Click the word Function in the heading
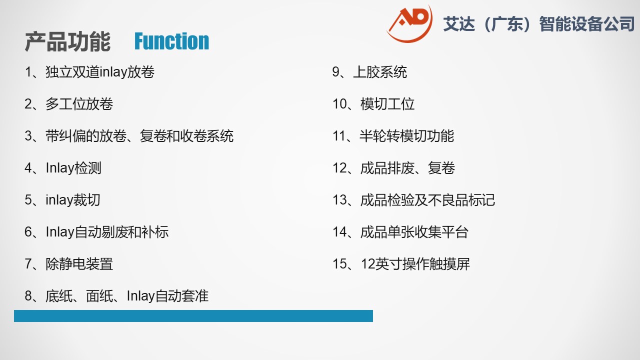(171, 41)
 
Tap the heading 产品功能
(67, 41)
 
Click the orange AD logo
(409, 24)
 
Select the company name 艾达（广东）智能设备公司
(539, 23)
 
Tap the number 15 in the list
(339, 263)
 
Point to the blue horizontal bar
(193, 316)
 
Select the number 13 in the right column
(339, 199)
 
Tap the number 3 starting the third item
(28, 135)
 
